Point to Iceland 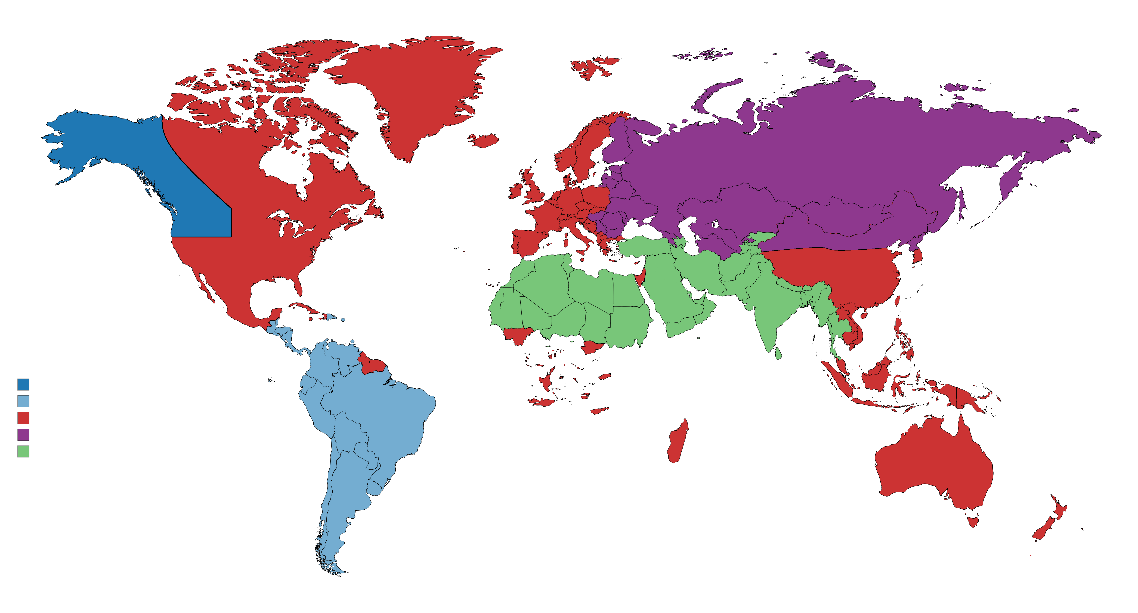(x=484, y=140)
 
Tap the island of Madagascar (x=677, y=442)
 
